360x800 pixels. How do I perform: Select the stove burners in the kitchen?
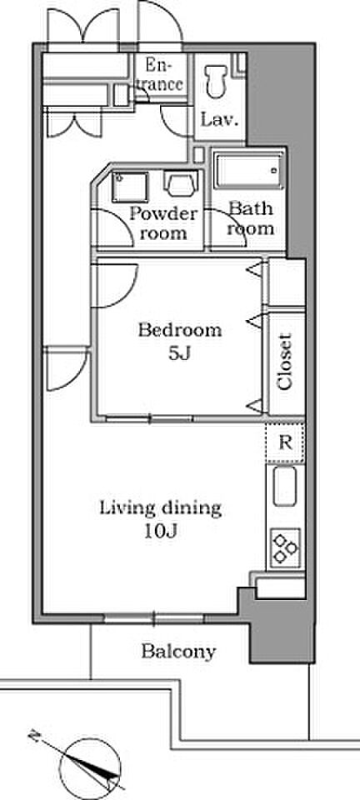pos(285,547)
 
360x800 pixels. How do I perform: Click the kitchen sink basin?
pos(284,487)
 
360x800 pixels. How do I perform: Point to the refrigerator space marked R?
pos(285,442)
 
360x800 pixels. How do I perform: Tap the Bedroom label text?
pos(180,331)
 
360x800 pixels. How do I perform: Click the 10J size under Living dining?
pos(160,532)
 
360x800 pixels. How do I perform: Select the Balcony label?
pos(178,652)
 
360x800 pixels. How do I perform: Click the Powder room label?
pos(163,223)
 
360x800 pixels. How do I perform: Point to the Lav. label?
pos(219,120)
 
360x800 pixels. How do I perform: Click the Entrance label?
pos(159,74)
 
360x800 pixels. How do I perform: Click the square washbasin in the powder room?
pos(130,187)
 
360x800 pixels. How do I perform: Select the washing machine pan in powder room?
pos(181,183)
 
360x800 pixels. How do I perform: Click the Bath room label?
pos(250,218)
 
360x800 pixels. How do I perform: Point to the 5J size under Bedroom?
pos(179,353)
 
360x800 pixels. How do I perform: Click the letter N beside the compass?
pos(34,737)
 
